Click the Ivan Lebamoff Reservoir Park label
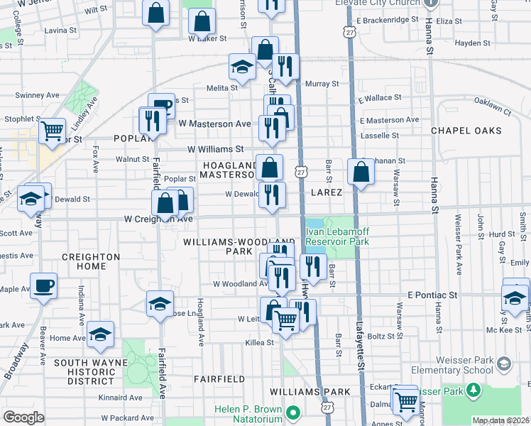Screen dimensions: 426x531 pyautogui.click(x=338, y=237)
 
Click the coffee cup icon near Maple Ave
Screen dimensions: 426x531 pyautogui.click(x=43, y=286)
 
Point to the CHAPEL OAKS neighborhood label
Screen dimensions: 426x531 pyautogui.click(x=466, y=131)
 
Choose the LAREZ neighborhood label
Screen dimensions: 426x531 pyautogui.click(x=326, y=192)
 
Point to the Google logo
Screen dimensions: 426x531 pyautogui.click(x=23, y=417)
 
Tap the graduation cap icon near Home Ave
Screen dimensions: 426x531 pyautogui.click(x=100, y=334)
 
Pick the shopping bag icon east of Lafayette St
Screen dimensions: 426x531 pyautogui.click(x=361, y=172)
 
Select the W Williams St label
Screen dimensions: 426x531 pyautogui.click(x=215, y=149)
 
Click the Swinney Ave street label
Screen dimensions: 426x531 pyautogui.click(x=37, y=95)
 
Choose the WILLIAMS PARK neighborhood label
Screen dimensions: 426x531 pyautogui.click(x=310, y=392)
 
